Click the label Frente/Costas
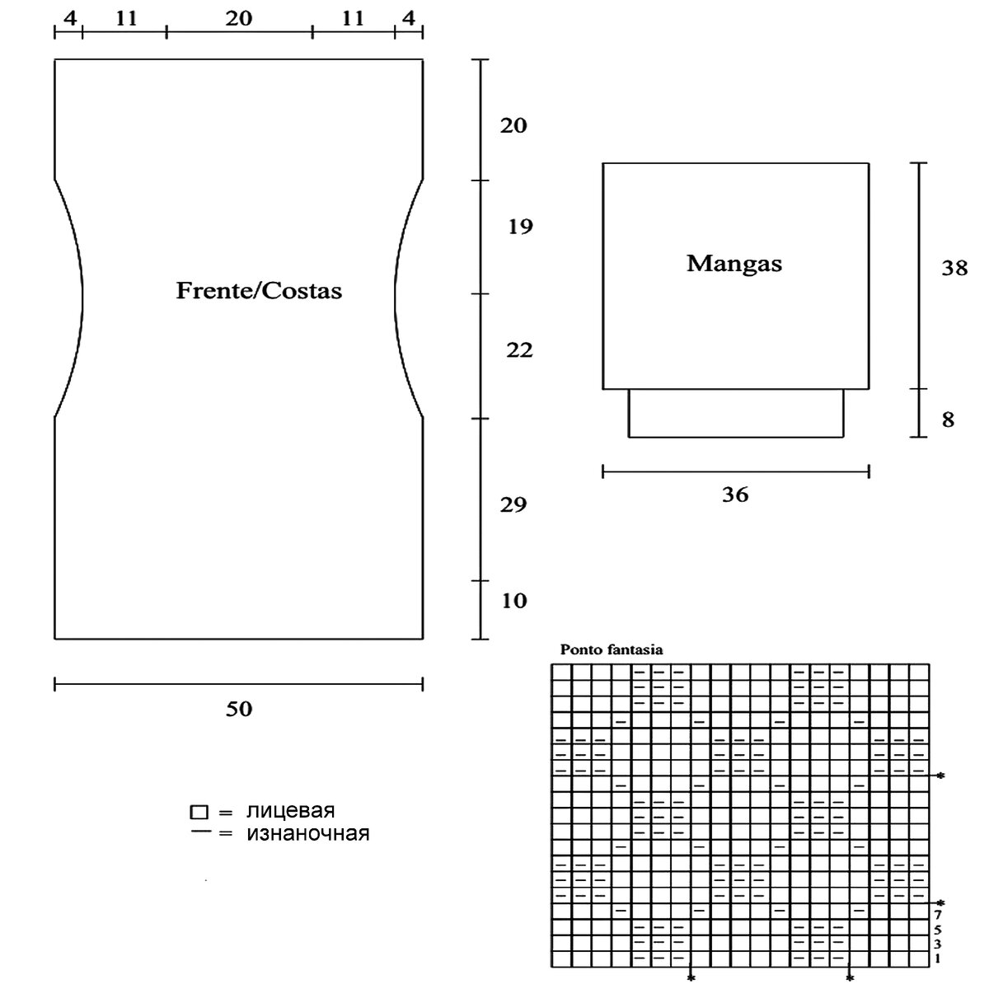[x=259, y=290]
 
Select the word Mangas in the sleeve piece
[x=734, y=264]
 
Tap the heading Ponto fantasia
[x=612, y=649]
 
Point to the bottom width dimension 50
[x=239, y=709]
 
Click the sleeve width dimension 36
[x=735, y=494]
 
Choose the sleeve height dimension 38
[x=954, y=268]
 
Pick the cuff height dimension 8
[x=948, y=420]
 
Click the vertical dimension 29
[x=513, y=504]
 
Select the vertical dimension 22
[x=519, y=350]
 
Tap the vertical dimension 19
[x=520, y=227]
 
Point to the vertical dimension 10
[x=513, y=601]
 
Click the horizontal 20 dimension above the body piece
[x=238, y=17]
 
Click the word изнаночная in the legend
[x=307, y=833]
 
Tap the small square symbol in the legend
[x=198, y=812]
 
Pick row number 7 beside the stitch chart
[x=939, y=914]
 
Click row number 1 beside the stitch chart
[x=939, y=959]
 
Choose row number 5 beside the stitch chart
[x=939, y=929]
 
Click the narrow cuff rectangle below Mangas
[x=736, y=413]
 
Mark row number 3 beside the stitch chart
[x=939, y=944]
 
